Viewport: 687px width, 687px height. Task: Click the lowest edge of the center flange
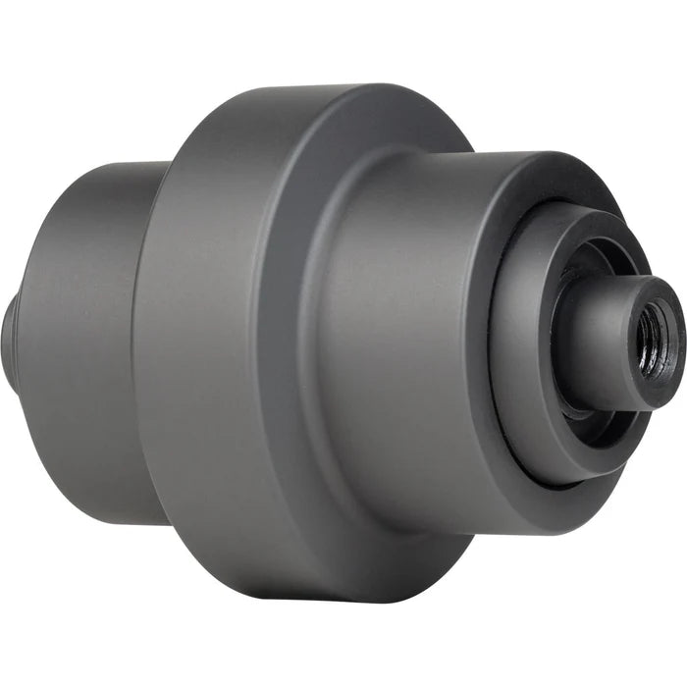324,599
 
